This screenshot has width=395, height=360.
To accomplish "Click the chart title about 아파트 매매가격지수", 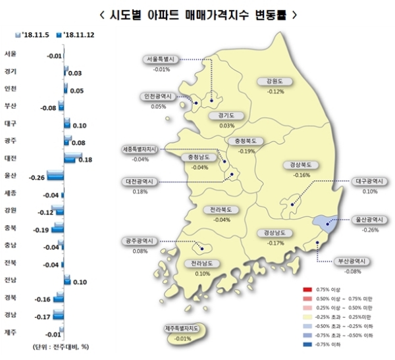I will [x=197, y=13].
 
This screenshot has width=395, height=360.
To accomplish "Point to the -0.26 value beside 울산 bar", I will [x=37, y=177].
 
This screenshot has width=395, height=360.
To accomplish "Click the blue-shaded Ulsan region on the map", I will [x=325, y=225].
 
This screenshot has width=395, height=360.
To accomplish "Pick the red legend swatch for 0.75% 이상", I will [x=307, y=290].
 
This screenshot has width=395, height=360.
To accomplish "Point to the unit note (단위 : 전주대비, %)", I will [x=45, y=347].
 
